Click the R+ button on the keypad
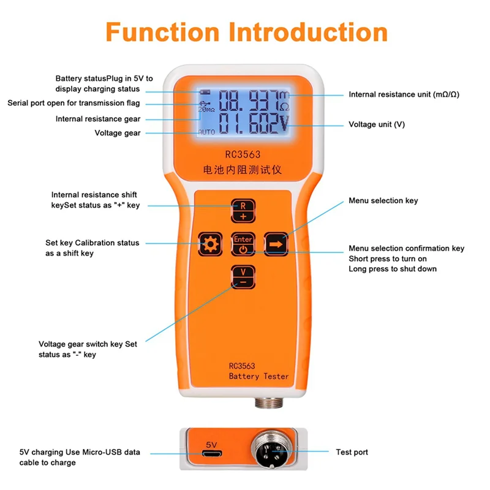click(x=243, y=211)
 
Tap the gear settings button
click(x=211, y=245)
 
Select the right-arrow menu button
click(x=276, y=244)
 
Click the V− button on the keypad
click(x=243, y=276)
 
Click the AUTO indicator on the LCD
click(x=205, y=132)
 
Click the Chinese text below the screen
click(x=243, y=170)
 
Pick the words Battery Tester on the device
click(x=258, y=376)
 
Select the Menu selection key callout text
click(x=383, y=201)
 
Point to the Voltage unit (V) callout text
click(x=377, y=124)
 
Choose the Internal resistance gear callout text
click(x=97, y=119)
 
